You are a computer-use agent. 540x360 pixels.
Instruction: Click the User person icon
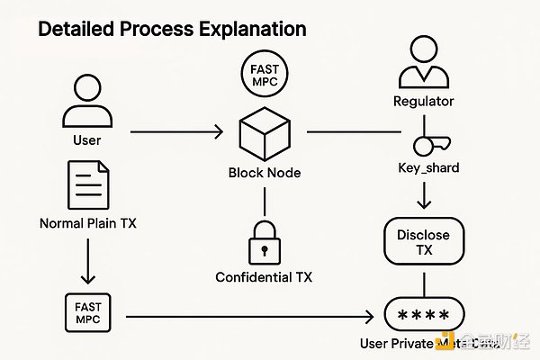(x=87, y=101)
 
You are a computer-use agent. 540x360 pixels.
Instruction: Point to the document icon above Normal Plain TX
(x=87, y=184)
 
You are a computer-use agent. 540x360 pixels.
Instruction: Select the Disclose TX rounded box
(x=417, y=242)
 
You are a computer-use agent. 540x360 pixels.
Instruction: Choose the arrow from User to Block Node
(x=175, y=134)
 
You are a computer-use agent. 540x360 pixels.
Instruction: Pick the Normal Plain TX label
(x=87, y=220)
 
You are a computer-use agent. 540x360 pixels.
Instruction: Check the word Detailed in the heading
(x=73, y=29)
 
